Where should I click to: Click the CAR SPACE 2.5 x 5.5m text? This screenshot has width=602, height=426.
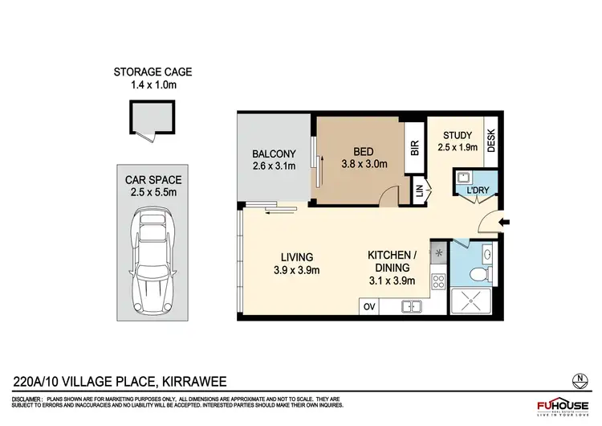[153, 186]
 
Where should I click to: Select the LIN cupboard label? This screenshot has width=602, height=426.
[419, 191]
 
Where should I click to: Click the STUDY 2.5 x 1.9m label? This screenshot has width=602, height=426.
[458, 141]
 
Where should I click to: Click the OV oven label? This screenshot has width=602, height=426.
[370, 306]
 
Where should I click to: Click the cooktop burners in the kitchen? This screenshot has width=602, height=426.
[439, 281]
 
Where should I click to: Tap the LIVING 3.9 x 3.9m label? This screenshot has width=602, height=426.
[297, 264]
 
